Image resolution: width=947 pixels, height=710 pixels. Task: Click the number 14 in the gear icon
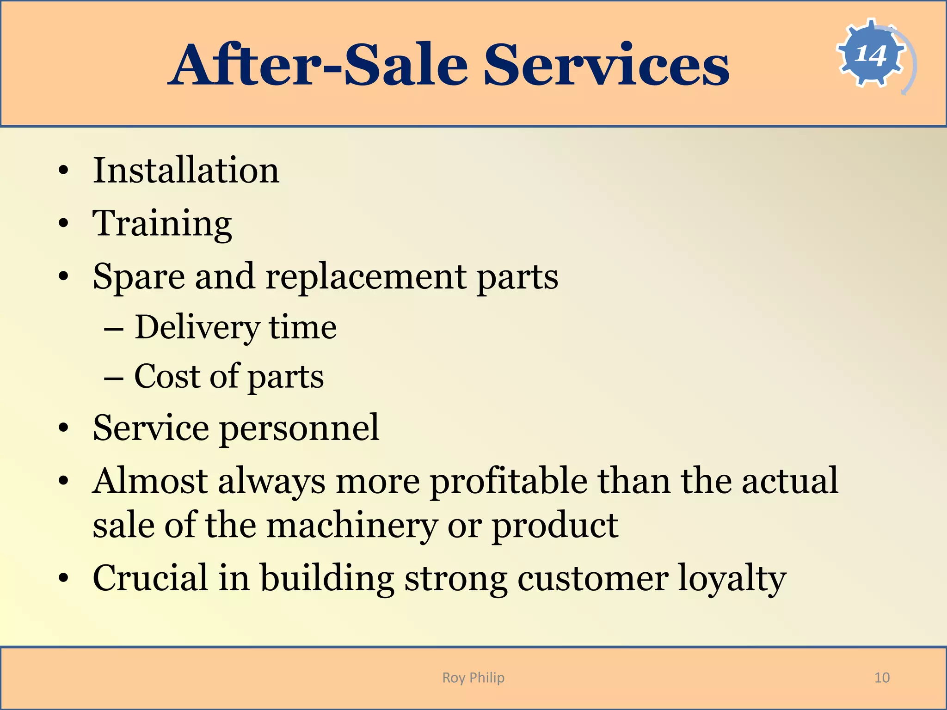coord(871,55)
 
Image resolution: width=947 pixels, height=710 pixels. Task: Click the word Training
coord(162,224)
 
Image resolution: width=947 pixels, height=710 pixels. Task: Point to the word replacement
coord(366,276)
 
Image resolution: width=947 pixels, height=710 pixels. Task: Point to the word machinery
coord(352,526)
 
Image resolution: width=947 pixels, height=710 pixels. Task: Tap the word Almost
coord(150,481)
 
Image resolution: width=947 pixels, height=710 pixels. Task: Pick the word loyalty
coord(732,579)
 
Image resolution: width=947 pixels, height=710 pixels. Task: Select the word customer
coord(592,579)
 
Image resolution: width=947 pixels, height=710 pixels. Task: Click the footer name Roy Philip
coord(473,678)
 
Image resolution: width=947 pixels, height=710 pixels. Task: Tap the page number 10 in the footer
coord(882,678)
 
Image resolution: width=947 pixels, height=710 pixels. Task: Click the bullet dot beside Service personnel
coord(63,428)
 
